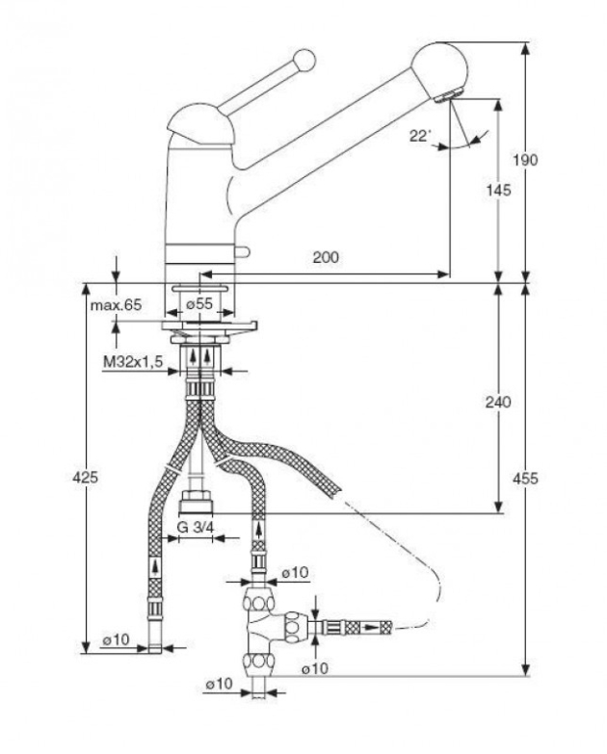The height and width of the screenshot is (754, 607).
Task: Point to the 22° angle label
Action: click(419, 137)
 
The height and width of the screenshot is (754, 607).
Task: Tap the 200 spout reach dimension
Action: click(326, 257)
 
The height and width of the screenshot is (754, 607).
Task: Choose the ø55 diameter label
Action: click(198, 303)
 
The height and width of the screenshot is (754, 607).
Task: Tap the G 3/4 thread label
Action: click(197, 527)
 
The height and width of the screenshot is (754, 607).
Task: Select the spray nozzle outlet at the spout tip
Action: click(449, 96)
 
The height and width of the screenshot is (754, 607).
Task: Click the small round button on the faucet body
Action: click(245, 253)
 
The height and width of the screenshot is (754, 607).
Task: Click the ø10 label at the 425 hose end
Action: click(116, 640)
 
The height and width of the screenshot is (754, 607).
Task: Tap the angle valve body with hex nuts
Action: click(263, 626)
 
